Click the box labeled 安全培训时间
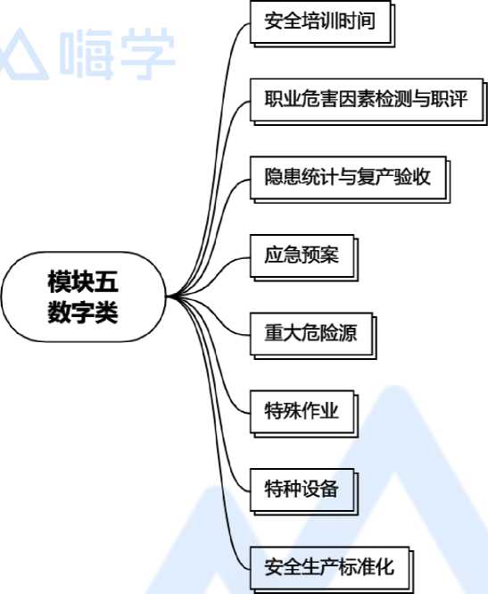tap(322, 23)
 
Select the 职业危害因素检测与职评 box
tap(368, 102)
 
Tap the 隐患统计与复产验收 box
tap(350, 180)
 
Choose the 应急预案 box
tap(303, 257)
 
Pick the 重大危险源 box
tap(313, 336)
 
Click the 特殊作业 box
tap(303, 414)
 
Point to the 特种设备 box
tap(303, 491)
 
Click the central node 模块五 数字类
tap(84, 297)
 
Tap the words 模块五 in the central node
tap(83, 281)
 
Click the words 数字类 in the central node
tap(83, 312)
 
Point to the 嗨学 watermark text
tap(117, 53)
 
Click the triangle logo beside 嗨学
tap(23, 54)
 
